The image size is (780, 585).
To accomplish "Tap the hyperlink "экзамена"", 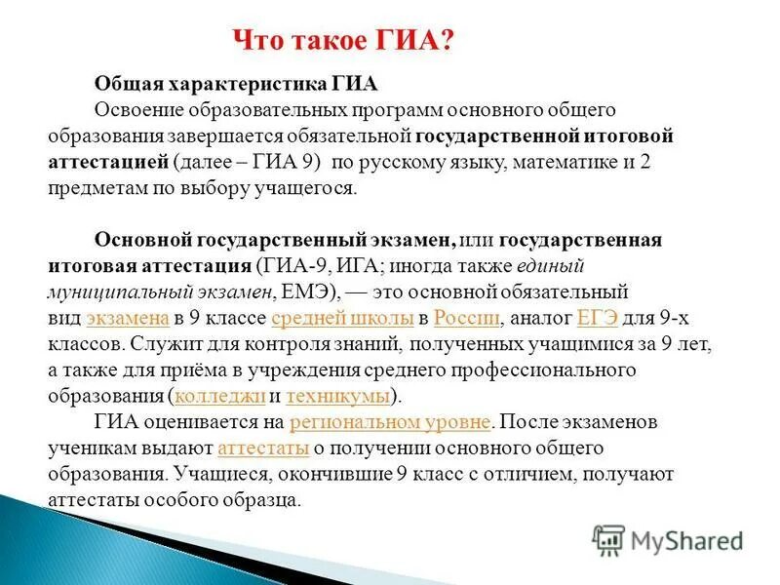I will coord(129,318).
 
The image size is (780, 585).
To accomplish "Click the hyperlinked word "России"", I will coord(467,318).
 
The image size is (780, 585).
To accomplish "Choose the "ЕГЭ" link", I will coord(598,318).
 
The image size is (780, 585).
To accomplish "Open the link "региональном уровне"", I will coord(391,422).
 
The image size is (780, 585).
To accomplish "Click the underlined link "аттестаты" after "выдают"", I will coord(264,448).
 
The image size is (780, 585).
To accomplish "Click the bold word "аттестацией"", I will coord(108,162).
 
